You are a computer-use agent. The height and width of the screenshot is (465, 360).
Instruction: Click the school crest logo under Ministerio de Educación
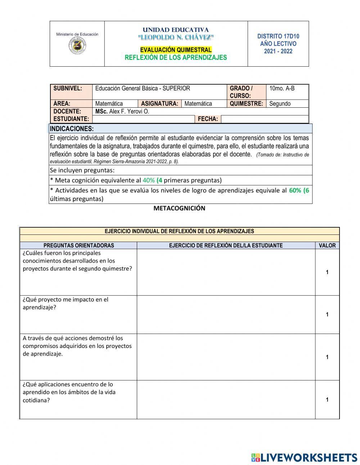[x=77, y=46]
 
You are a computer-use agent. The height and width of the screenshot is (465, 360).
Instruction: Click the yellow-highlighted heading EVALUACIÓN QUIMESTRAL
[x=176, y=50]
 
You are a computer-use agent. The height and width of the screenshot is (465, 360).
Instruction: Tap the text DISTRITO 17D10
[x=278, y=36]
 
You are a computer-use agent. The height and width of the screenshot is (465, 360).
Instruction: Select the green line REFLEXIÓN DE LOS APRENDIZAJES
[x=176, y=58]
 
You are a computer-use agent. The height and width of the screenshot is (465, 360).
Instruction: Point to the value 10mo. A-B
[x=282, y=88]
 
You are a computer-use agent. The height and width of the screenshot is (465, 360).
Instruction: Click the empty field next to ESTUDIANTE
[x=143, y=119]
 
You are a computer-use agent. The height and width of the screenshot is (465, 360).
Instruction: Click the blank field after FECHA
[x=264, y=119]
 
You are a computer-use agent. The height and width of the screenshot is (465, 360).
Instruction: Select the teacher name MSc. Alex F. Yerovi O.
[x=122, y=112]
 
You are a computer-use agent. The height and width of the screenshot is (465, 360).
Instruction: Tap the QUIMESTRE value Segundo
[x=280, y=104]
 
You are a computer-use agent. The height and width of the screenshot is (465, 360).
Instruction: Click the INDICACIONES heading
[x=72, y=129]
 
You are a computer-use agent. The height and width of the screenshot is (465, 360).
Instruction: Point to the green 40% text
[x=148, y=180]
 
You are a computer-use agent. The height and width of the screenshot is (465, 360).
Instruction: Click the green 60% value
[x=295, y=190]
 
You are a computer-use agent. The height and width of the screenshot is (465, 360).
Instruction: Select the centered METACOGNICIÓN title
[x=179, y=208]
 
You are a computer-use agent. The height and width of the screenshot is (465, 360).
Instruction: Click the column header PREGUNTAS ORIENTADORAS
[x=78, y=246]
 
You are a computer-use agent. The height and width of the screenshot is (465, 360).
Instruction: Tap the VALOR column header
[x=327, y=246]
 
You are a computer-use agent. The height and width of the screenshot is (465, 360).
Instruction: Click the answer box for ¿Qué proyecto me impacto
[x=226, y=314]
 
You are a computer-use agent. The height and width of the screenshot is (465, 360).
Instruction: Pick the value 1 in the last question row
[x=327, y=399]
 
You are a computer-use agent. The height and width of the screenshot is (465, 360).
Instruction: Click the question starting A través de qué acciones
[x=77, y=346]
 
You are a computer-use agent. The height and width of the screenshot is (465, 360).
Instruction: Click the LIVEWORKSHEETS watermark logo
[x=304, y=457]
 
